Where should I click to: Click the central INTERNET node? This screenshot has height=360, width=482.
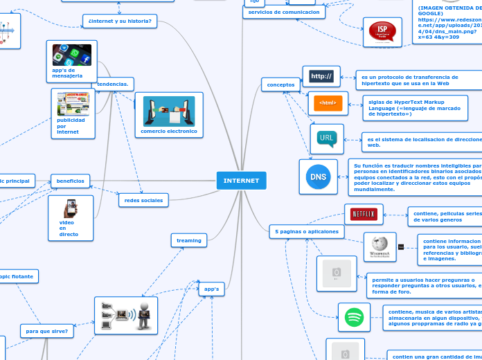pyautogui.click(x=241, y=180)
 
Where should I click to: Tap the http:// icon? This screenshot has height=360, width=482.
pyautogui.click(x=321, y=76)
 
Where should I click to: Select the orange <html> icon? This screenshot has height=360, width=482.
pyautogui.click(x=328, y=103)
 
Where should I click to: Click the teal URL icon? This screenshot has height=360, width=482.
pyautogui.click(x=327, y=139)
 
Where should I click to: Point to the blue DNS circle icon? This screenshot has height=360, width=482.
pyautogui.click(x=319, y=177)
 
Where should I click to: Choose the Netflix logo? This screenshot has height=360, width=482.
pyautogui.click(x=364, y=215)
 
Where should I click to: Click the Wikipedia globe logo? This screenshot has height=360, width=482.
pyautogui.click(x=380, y=246)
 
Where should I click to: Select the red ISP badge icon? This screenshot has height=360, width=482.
pyautogui.click(x=382, y=32)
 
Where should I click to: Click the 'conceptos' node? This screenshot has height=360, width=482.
pyautogui.click(x=280, y=84)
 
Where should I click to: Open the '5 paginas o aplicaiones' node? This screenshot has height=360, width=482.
pyautogui.click(x=306, y=231)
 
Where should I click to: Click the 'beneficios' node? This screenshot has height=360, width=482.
pyautogui.click(x=70, y=181)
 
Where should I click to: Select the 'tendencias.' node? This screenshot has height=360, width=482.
pyautogui.click(x=113, y=84)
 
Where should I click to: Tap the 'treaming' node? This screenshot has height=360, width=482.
pyautogui.click(x=189, y=240)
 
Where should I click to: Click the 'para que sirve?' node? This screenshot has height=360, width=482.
pyautogui.click(x=47, y=331)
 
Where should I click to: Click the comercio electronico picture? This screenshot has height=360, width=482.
pyautogui.click(x=169, y=111)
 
